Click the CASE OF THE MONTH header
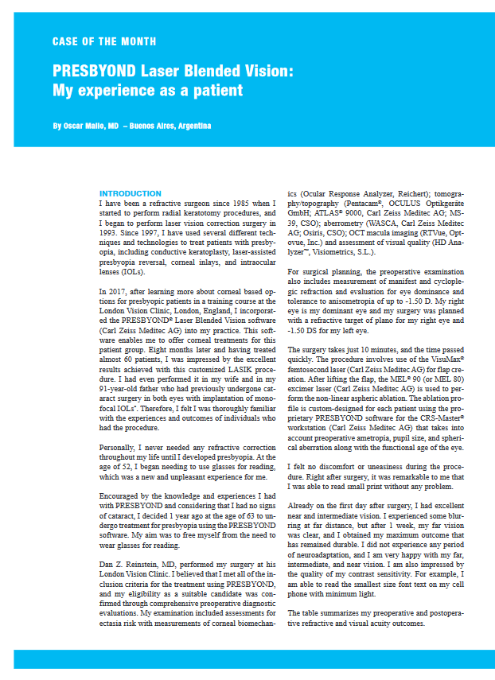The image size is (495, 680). tap(103, 41)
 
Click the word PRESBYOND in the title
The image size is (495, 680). tap(95, 72)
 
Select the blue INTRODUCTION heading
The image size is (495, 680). tap(130, 194)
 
